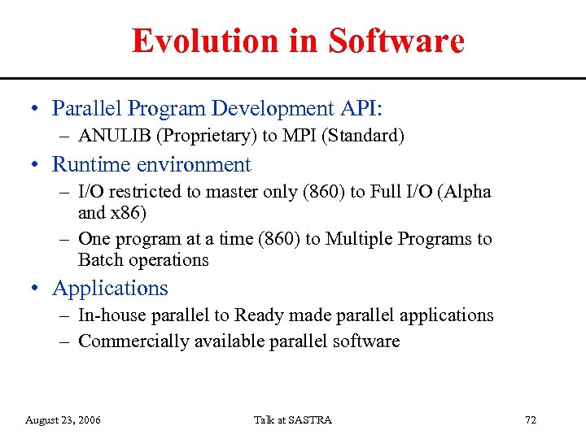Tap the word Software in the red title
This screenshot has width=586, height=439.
396,41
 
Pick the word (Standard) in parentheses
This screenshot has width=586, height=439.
365,136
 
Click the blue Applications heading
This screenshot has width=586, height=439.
110,288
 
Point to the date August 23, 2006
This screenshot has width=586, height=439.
63,419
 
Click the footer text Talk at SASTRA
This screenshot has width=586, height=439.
293,419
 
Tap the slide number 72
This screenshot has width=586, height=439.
531,419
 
